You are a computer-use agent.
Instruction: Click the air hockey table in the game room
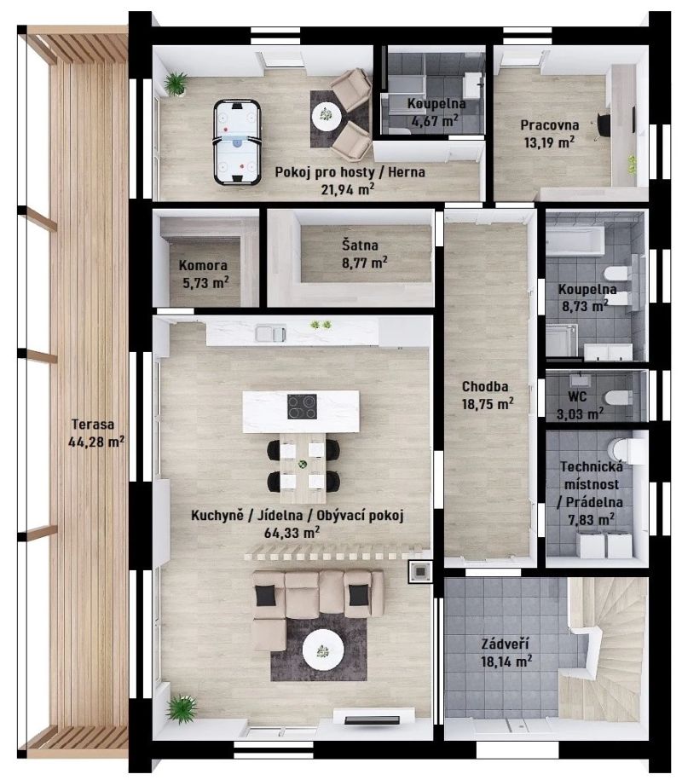238,142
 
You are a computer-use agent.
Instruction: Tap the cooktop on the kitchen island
302,407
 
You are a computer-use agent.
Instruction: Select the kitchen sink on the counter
270,333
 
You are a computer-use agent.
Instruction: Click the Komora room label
203,266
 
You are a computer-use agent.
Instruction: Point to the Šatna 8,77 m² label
365,254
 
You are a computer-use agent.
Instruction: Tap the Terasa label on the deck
93,425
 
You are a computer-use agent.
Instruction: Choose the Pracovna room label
550,125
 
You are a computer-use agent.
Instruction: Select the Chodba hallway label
485,386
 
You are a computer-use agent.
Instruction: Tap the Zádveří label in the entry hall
505,644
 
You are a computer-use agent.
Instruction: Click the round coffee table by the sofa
323,650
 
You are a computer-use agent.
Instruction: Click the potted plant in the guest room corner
176,84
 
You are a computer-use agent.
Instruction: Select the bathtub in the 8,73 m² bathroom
575,242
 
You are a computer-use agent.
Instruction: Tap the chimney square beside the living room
420,571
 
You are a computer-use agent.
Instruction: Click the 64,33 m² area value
292,532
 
